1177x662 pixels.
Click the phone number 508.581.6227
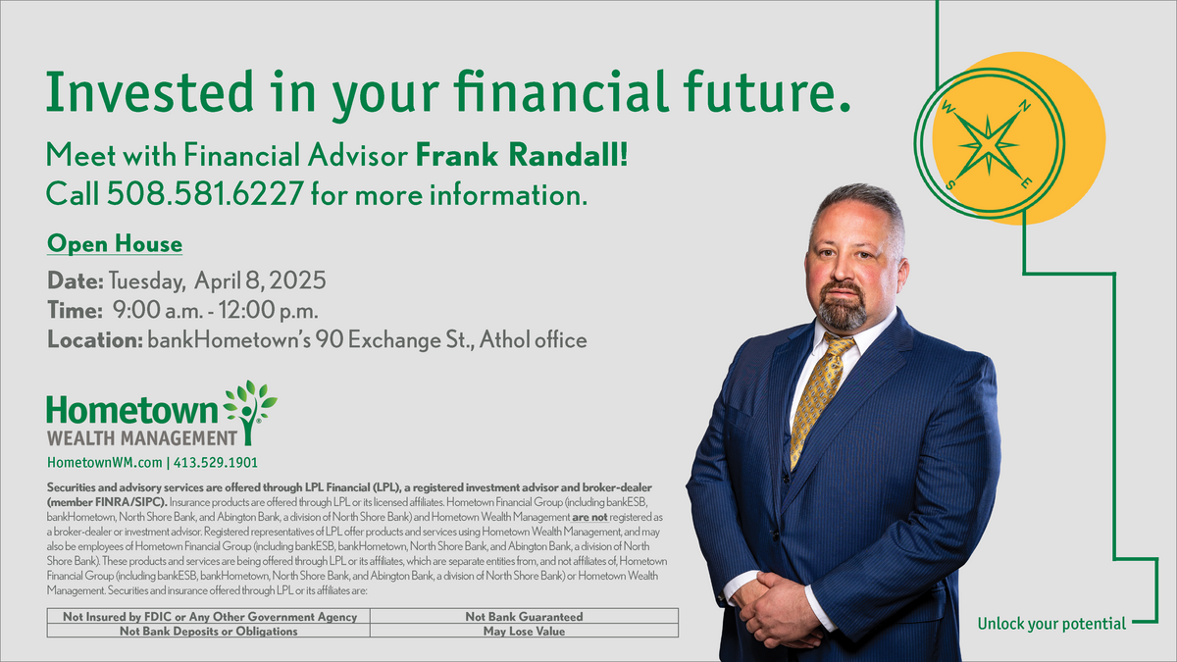tap(205, 193)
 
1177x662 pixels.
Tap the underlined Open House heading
tap(115, 244)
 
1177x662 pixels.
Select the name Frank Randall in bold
tap(521, 155)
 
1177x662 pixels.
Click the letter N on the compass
tap(1024, 107)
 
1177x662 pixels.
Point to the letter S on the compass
tap(950, 185)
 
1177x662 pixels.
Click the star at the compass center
tap(988, 145)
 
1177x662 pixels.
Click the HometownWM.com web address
tap(105, 462)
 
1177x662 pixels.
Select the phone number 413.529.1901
tap(216, 462)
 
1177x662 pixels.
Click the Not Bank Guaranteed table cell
tap(524, 616)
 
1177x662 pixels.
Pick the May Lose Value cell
tap(524, 631)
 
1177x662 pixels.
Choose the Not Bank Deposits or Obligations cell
tap(209, 631)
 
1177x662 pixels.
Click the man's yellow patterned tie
tap(821, 398)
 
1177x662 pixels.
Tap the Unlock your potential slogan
tap(1051, 624)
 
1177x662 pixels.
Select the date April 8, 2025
tap(260, 280)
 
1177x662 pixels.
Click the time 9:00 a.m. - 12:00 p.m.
tap(216, 310)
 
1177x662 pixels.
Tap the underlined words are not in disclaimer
tap(589, 517)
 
